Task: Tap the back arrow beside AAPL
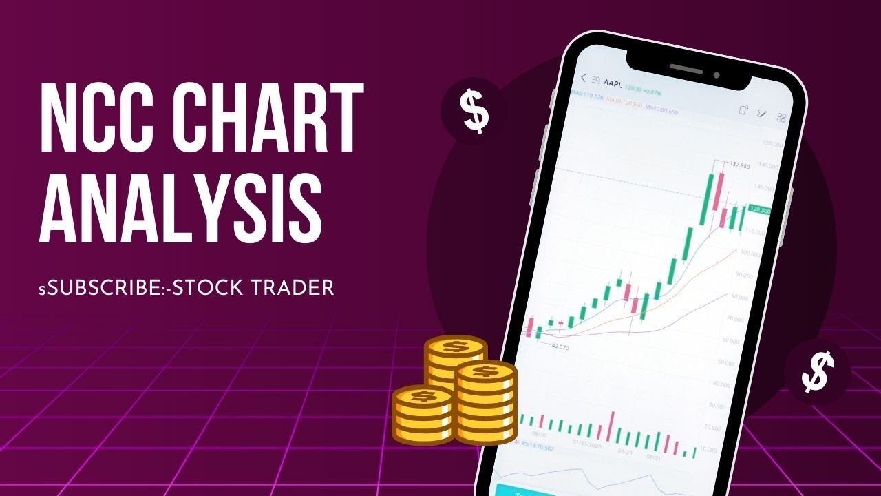[584, 78]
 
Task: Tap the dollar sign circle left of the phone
[474, 110]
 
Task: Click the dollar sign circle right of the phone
[818, 372]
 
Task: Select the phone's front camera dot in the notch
[717, 75]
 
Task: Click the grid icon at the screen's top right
[781, 118]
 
